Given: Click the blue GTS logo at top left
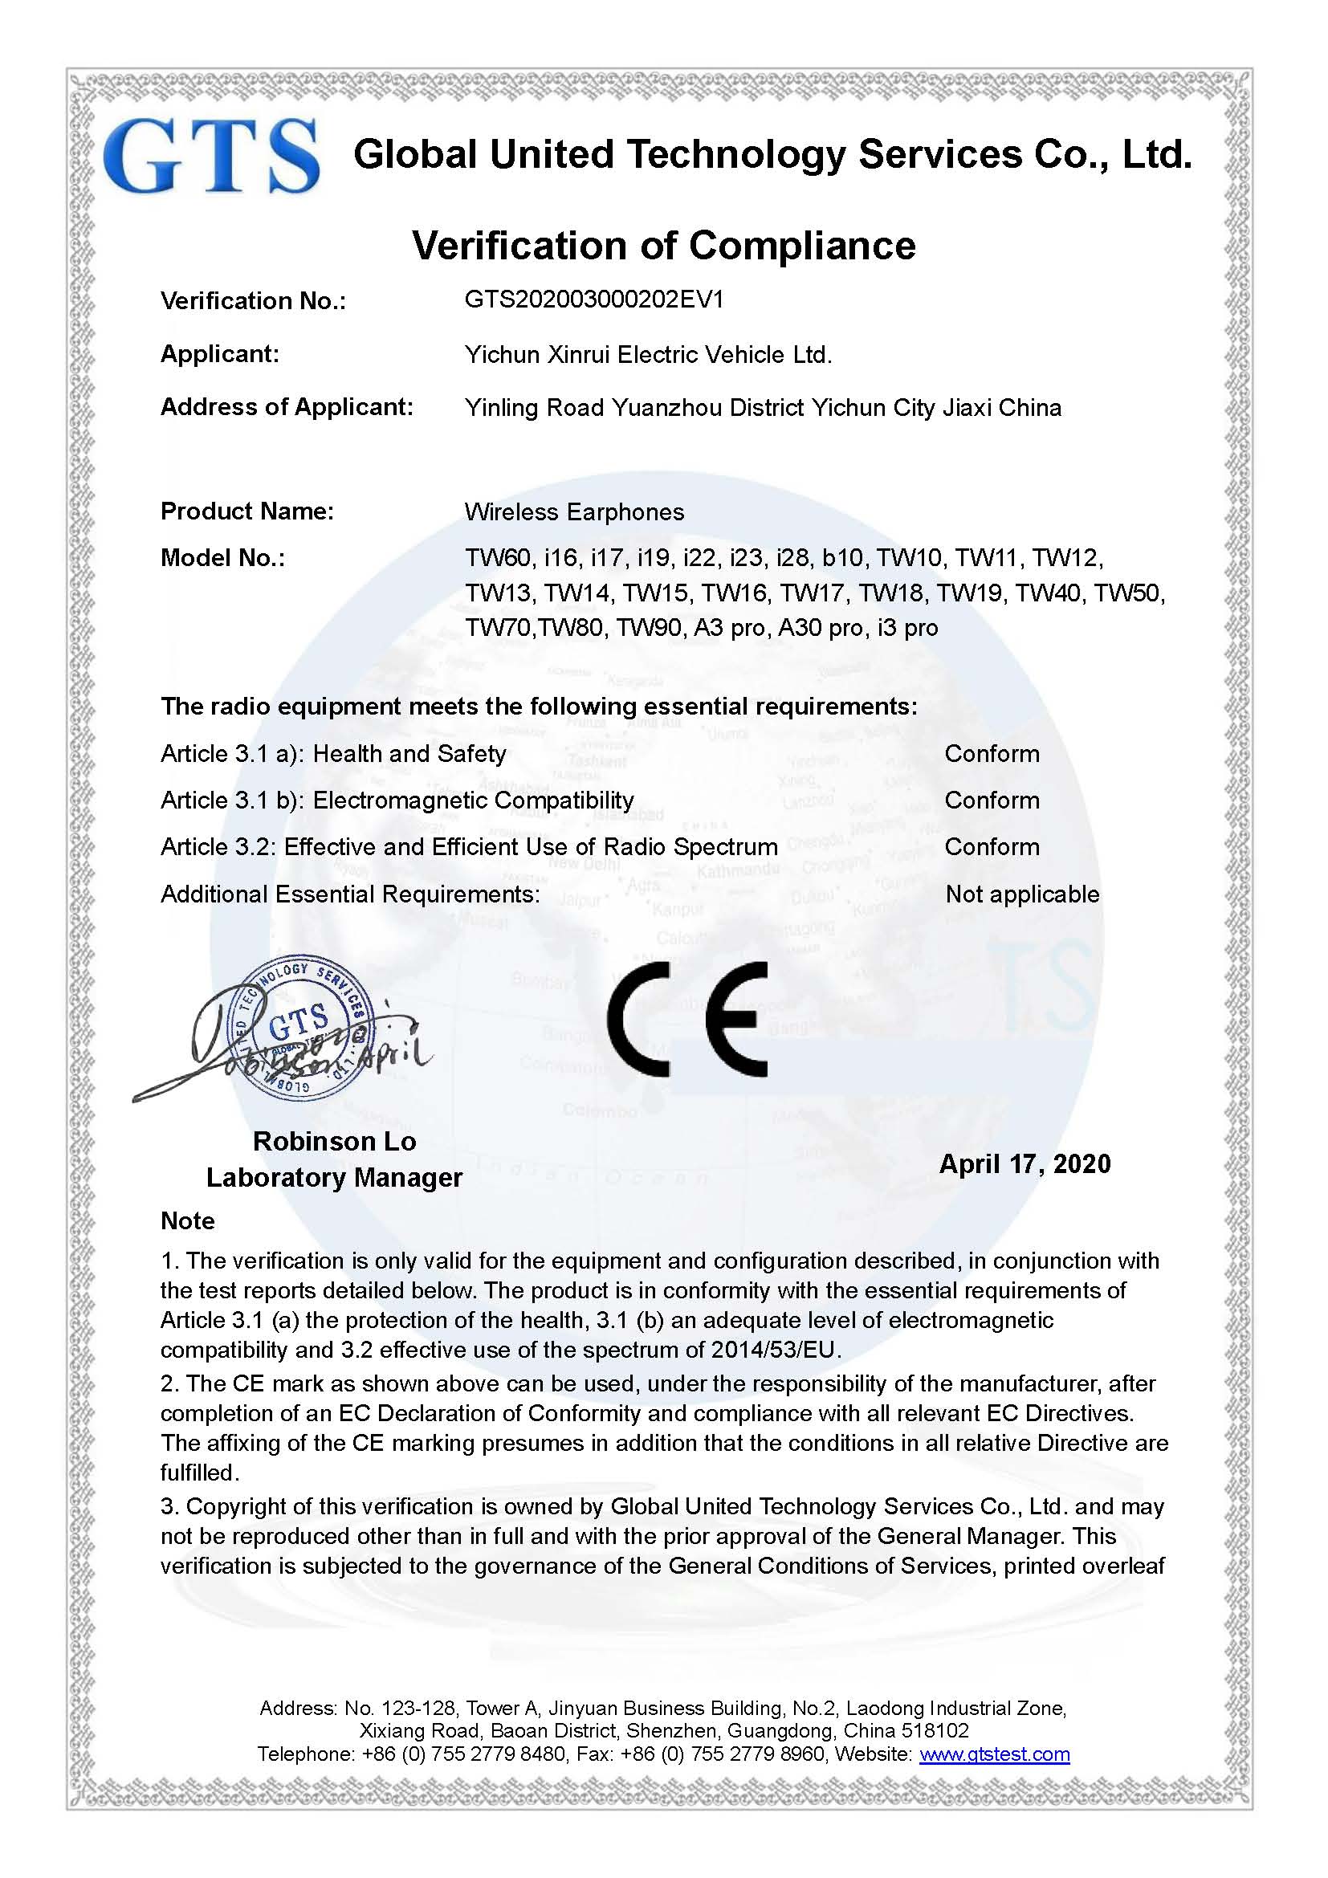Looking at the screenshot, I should click(211, 157).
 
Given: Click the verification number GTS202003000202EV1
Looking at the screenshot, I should click(593, 299).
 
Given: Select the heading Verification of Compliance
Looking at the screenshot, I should click(663, 246).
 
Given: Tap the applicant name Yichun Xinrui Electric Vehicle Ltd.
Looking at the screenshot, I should click(648, 354).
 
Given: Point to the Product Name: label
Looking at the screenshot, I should click(247, 511).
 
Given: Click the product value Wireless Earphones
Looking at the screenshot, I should click(574, 512).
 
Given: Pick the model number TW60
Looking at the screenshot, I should click(498, 558).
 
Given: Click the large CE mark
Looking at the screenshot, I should click(687, 1019).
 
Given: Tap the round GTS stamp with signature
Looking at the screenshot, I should click(299, 1028).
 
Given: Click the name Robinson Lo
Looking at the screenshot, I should click(335, 1141).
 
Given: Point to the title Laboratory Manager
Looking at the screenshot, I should click(334, 1178).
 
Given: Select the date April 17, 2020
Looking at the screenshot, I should click(1025, 1164).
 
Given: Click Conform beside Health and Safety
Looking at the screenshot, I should click(992, 753).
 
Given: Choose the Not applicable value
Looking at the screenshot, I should click(1022, 894).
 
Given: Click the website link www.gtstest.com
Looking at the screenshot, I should click(994, 1754).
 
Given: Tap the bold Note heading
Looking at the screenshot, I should click(188, 1221).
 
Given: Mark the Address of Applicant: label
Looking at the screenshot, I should click(287, 406).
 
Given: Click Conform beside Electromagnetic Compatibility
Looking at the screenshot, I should click(992, 800).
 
